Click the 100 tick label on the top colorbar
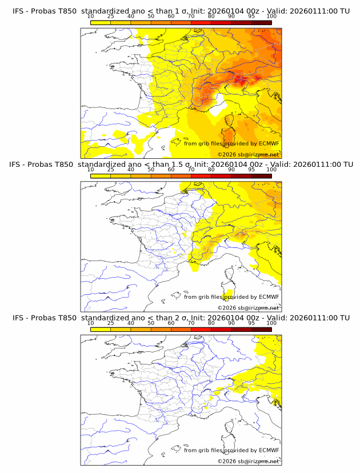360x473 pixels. (x=271, y=16)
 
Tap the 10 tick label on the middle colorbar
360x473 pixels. (x=90, y=170)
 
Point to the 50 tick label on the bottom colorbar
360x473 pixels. (x=151, y=323)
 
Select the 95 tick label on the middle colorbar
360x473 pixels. (x=251, y=170)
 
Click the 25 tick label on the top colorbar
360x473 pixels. (x=110, y=16)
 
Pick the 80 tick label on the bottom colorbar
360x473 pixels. (x=211, y=323)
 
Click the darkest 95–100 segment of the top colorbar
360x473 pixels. (x=261, y=22)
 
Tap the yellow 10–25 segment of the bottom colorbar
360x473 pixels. (x=101, y=330)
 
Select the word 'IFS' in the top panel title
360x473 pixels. (x=19, y=10)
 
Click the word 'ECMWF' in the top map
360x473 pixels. (x=269, y=143)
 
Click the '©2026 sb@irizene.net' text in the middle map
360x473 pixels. (x=248, y=308)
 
